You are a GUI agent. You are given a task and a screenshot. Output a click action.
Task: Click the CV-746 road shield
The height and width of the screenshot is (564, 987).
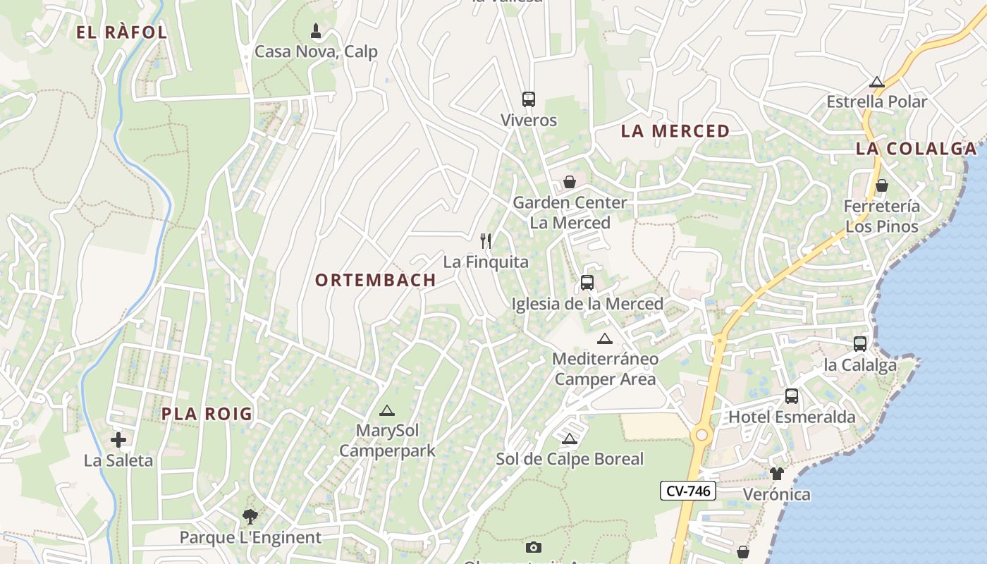[688, 491]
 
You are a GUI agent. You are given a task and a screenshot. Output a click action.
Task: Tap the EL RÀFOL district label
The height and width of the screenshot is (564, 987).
[121, 32]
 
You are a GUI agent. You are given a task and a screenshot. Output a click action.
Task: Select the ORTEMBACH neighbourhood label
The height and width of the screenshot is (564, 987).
[376, 280]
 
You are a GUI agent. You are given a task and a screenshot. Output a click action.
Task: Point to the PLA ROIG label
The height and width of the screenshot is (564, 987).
[207, 414]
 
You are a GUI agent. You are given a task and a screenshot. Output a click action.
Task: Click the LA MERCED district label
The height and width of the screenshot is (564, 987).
[675, 131]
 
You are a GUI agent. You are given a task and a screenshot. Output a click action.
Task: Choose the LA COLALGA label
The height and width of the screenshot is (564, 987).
[916, 149]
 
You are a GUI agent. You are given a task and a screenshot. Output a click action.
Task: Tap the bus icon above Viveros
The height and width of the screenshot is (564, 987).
[529, 99]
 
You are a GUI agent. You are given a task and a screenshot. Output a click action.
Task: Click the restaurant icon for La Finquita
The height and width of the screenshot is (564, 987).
[485, 241]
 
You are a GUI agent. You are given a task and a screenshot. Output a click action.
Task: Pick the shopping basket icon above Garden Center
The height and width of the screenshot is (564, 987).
[570, 182]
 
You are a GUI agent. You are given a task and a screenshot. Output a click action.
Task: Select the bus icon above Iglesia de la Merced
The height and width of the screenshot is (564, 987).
[587, 283]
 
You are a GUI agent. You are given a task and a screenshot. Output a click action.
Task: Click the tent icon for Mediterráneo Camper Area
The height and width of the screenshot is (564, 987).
[605, 339]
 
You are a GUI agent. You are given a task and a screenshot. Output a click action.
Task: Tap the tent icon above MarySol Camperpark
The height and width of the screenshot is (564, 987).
[386, 410]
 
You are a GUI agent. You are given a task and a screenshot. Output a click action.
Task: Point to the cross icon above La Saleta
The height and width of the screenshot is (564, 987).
[118, 441]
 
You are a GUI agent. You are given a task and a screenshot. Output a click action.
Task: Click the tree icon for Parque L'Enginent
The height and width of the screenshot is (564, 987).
[250, 517]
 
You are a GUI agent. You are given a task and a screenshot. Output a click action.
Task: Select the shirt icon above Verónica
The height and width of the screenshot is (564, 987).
[777, 473]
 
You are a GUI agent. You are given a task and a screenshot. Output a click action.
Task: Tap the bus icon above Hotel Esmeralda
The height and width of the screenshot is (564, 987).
[792, 396]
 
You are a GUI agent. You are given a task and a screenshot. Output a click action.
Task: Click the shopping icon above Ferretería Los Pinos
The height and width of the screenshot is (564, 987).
[881, 185]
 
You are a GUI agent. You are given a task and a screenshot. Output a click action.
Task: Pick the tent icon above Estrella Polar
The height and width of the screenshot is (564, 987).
[877, 82]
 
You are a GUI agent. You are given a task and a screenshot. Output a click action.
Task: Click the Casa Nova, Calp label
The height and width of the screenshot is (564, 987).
[316, 51]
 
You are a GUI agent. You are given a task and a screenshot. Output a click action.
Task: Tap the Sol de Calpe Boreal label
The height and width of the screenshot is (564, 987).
[570, 459]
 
